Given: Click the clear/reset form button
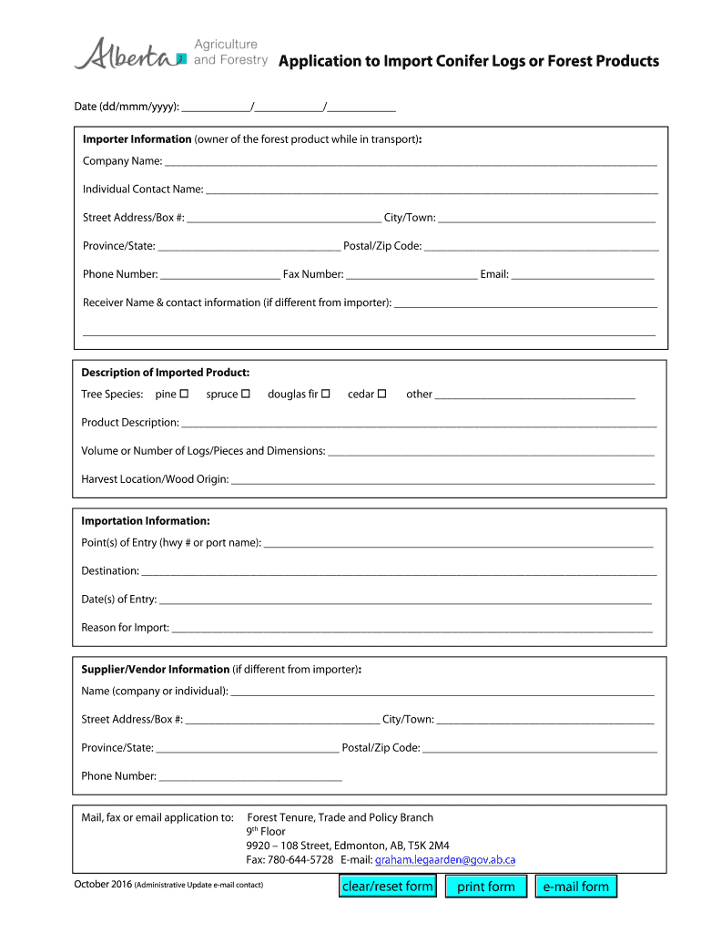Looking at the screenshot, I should click(387, 886).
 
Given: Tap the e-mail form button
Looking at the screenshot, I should click(575, 886).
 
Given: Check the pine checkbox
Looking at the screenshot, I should click(184, 394).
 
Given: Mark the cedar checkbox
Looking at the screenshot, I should click(382, 394).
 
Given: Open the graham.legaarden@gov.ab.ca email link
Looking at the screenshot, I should click(445, 859).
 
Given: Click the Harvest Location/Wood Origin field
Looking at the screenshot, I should click(442, 478).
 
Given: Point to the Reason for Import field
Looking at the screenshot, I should click(411, 628).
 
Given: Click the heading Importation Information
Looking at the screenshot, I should click(146, 521).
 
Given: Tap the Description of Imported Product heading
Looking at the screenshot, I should click(165, 373).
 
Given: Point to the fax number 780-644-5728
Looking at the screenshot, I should click(300, 859).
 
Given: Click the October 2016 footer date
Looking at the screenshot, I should click(102, 885).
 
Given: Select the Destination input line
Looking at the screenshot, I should click(399, 571).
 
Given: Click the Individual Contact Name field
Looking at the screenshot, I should click(431, 190).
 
